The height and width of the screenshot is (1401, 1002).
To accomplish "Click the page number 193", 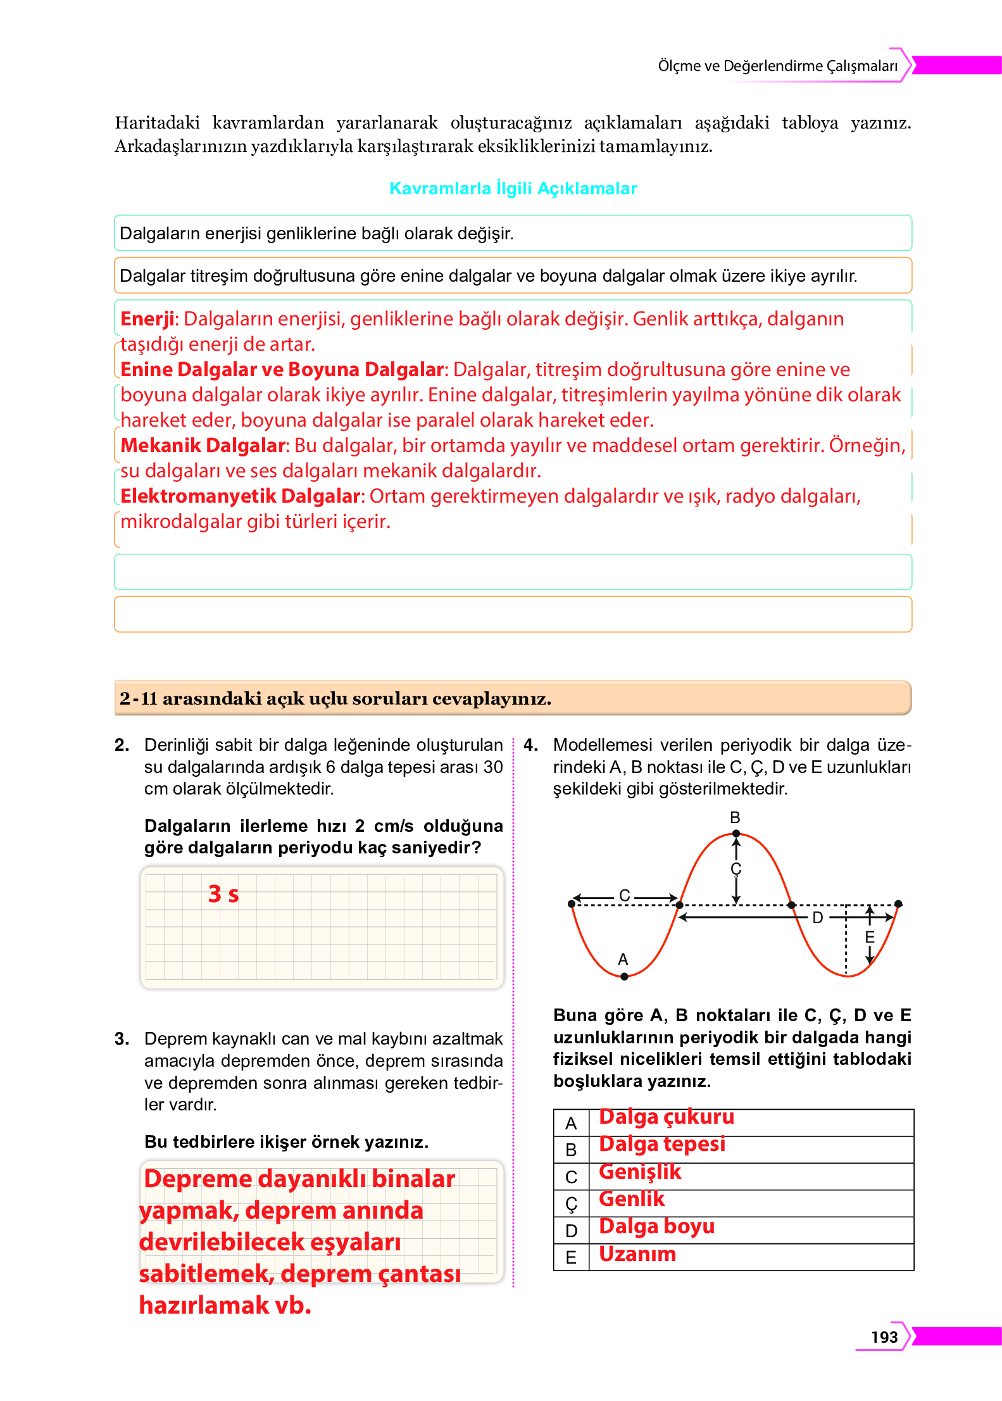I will pos(884,1336).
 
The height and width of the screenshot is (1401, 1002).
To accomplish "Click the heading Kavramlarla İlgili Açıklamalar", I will pos(513,189).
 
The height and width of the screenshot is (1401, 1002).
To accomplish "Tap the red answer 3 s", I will pos(223,894).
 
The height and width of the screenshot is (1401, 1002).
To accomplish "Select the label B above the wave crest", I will pos(735,817).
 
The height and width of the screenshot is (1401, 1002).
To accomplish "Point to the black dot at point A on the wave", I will pos(624,976).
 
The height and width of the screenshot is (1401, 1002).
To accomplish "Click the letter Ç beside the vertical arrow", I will pos(736,869).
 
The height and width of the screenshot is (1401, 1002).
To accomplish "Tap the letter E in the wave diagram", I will pos(870,937).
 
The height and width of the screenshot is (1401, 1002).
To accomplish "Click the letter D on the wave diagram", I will pos(817,917).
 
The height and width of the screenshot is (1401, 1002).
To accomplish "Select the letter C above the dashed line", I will pos(624,895).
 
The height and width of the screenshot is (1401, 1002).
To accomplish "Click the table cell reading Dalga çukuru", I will pos(667,1117).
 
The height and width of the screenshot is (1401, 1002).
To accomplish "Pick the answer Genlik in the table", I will pos(632,1199).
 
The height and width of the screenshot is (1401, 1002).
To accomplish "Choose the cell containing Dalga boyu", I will pos(656,1226).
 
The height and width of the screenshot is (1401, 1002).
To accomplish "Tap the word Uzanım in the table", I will pos(637,1254).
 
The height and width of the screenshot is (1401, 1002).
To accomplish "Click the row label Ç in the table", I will pos(571,1203).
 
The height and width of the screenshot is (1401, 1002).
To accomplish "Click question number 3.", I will pos(122,1039).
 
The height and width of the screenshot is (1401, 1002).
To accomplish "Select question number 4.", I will pos(530,745).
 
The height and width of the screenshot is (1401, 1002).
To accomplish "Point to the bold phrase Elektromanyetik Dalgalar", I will pos(241,496).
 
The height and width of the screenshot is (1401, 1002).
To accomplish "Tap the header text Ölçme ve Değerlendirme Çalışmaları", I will pos(777,66).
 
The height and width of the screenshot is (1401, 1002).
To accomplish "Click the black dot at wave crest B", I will pos(736,834).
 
